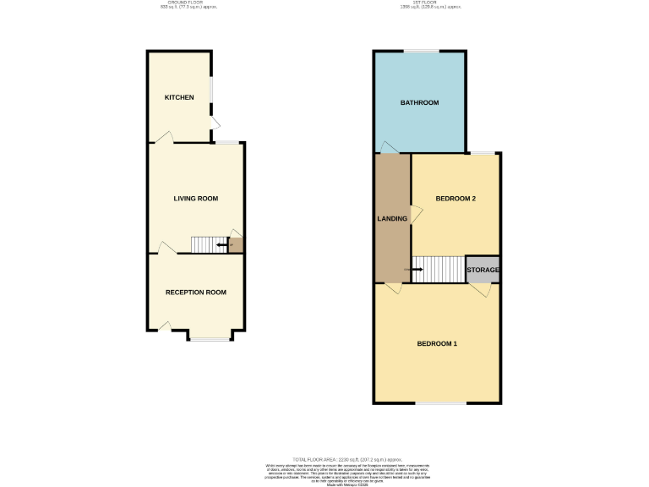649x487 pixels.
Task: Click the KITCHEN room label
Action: click(179, 98)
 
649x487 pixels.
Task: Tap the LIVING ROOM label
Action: click(196, 199)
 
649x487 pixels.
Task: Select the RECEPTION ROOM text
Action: click(196, 293)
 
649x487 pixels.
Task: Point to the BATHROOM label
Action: click(419, 103)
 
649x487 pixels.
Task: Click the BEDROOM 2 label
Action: click(455, 199)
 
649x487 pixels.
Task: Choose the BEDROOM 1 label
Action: click(437, 343)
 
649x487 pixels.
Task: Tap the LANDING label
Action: click(392, 219)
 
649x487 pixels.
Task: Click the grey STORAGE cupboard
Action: click(483, 270)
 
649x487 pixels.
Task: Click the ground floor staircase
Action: click(208, 244)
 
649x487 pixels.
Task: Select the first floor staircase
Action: click(438, 270)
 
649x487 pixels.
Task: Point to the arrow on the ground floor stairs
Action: click(221, 245)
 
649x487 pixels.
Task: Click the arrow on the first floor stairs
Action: click(417, 270)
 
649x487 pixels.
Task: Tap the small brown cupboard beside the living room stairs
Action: click(237, 245)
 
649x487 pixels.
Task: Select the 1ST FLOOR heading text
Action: click(420, 4)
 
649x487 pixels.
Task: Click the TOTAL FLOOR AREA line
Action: click(324, 457)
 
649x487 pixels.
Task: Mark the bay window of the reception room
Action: click(208, 339)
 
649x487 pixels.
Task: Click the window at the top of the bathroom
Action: click(420, 52)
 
